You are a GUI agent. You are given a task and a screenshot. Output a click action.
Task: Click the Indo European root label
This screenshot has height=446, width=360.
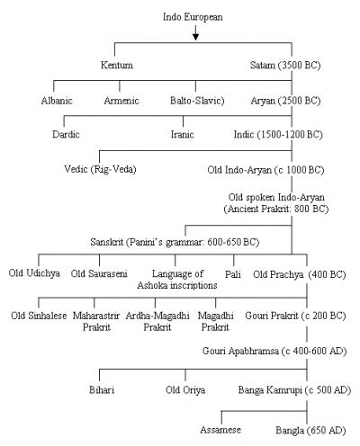coord(193,17)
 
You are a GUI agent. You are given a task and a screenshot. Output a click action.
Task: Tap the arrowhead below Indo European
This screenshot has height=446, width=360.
coord(195,37)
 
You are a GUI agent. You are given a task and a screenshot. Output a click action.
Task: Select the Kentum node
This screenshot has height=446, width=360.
coord(117,65)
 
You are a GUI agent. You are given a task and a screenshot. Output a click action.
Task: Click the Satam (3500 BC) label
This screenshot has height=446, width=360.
coord(285,66)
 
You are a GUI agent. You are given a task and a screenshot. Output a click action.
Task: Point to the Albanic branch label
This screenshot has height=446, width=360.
coord(57,101)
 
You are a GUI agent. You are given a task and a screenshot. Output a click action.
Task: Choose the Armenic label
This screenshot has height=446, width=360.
coord(121,101)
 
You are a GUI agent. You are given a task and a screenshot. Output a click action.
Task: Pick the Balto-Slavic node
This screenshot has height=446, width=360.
coord(197,101)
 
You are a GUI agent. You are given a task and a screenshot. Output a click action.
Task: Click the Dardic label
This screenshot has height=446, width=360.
coord(66,134)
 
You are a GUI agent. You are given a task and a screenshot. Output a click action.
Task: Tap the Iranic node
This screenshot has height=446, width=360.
coord(182,134)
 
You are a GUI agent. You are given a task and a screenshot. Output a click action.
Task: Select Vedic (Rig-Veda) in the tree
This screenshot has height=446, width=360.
coord(100,169)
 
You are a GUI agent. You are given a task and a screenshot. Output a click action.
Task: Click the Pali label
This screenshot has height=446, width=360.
coord(233,274)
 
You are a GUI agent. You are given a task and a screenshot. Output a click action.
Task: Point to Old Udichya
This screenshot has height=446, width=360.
coord(34,273)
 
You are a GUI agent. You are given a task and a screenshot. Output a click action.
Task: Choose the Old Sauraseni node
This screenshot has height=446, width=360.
coord(99,273)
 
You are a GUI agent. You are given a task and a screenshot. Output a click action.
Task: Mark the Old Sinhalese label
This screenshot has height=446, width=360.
coord(39,316)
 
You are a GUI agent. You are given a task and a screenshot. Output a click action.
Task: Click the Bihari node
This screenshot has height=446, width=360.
coord(102,390)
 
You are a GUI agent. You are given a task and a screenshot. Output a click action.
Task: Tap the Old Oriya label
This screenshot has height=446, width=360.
coord(185,390)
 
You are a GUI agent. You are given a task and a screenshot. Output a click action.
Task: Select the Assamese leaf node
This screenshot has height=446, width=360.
coord(220,430)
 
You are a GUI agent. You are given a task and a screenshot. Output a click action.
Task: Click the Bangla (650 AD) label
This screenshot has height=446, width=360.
coord(310,431)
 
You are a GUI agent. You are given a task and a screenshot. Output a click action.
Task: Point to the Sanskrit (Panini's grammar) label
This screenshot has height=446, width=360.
coord(175,242)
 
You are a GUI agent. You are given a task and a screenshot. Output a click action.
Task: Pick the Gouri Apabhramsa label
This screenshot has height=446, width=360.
coord(274,351)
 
